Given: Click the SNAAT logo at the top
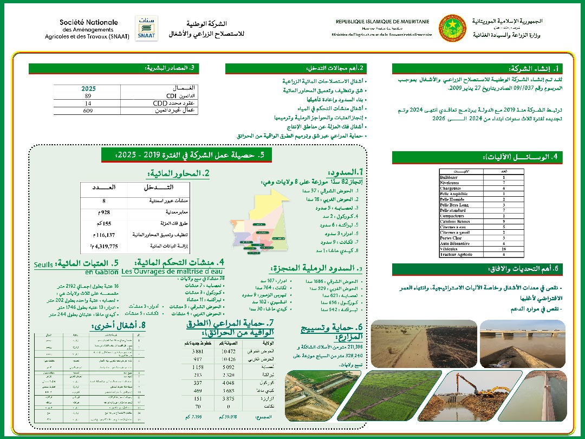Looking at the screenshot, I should pyautogui.click(x=146, y=28).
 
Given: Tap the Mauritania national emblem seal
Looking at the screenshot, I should pyautogui.click(x=452, y=28).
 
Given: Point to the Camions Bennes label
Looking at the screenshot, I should pyautogui.click(x=456, y=221).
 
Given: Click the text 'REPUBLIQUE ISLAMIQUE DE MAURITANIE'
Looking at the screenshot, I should pyautogui.click(x=382, y=21).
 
